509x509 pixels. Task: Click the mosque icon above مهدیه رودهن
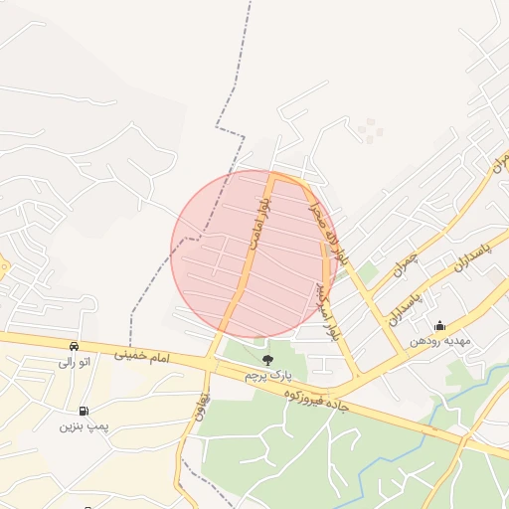[439, 325]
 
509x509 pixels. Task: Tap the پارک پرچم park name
[266, 374]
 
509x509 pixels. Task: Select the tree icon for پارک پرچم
[266, 359]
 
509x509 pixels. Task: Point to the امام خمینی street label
[142, 355]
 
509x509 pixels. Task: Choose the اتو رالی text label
[75, 362]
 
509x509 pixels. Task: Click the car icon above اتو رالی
[75, 346]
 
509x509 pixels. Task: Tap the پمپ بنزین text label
[82, 426]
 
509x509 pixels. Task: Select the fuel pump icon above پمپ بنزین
[83, 411]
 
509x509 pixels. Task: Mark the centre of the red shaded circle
[249, 254]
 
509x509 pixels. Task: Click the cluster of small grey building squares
[370, 129]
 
